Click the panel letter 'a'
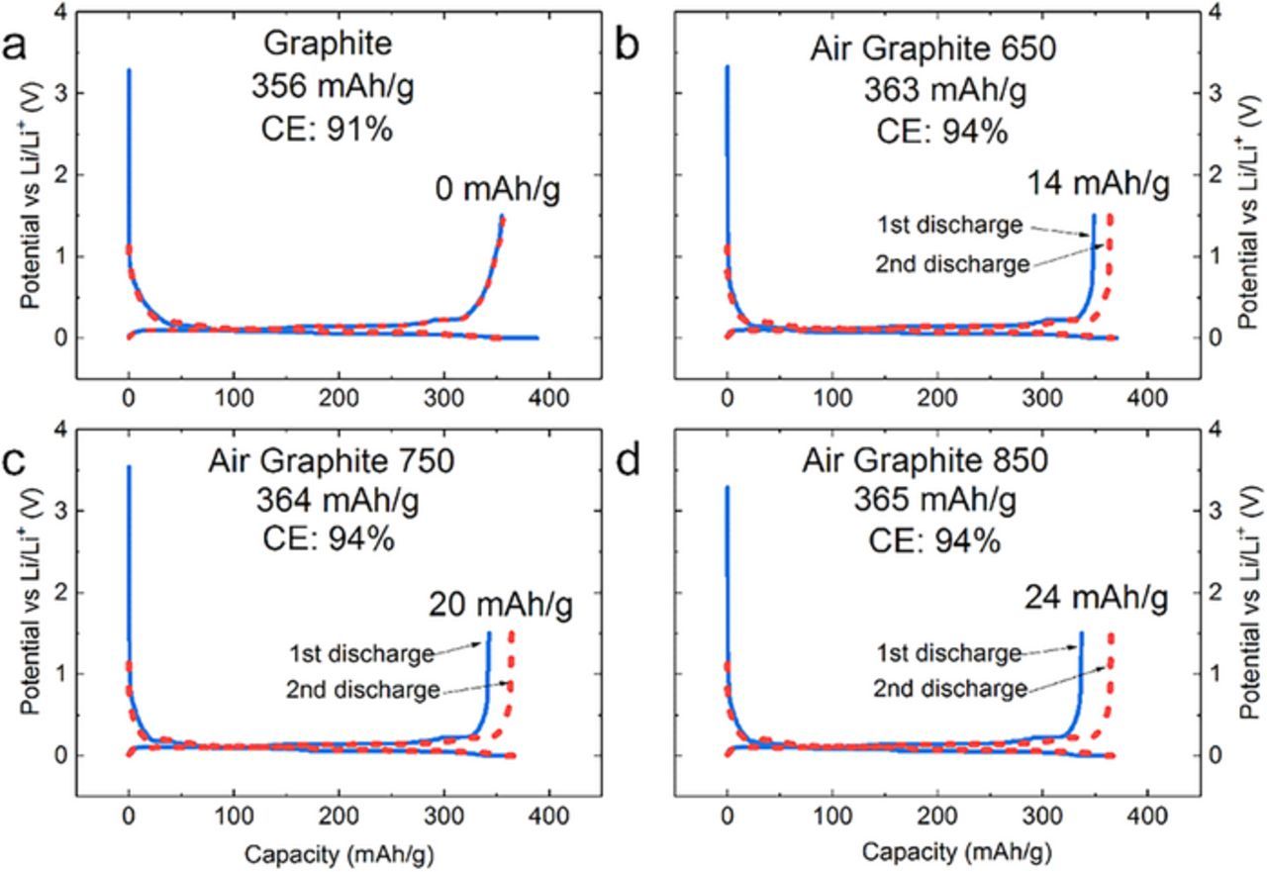[15, 48]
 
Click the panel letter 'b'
[629, 48]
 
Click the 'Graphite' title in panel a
[332, 45]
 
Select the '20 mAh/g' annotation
[500, 603]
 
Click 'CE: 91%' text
[332, 129]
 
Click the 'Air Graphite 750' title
[332, 462]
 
